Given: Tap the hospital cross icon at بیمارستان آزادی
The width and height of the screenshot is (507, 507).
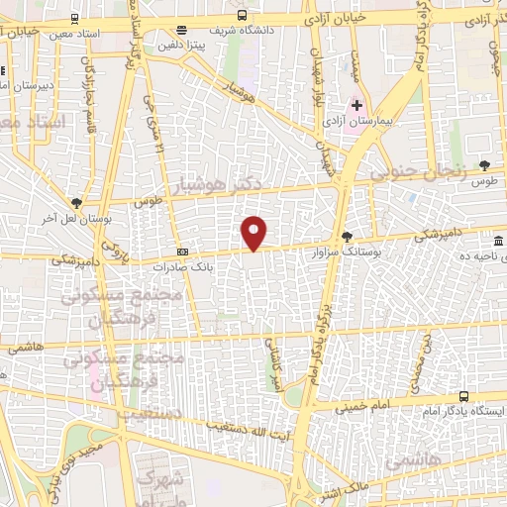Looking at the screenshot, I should (357, 105).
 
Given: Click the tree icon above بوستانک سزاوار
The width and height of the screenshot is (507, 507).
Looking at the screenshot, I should (347, 236).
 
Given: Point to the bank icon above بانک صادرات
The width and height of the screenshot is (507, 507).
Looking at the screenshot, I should (182, 252).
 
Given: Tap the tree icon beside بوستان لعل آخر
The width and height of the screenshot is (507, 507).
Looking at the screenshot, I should (75, 202).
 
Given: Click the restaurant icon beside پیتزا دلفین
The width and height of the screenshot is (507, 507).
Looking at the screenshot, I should (179, 30).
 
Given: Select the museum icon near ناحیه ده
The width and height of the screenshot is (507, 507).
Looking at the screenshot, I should (497, 242).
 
